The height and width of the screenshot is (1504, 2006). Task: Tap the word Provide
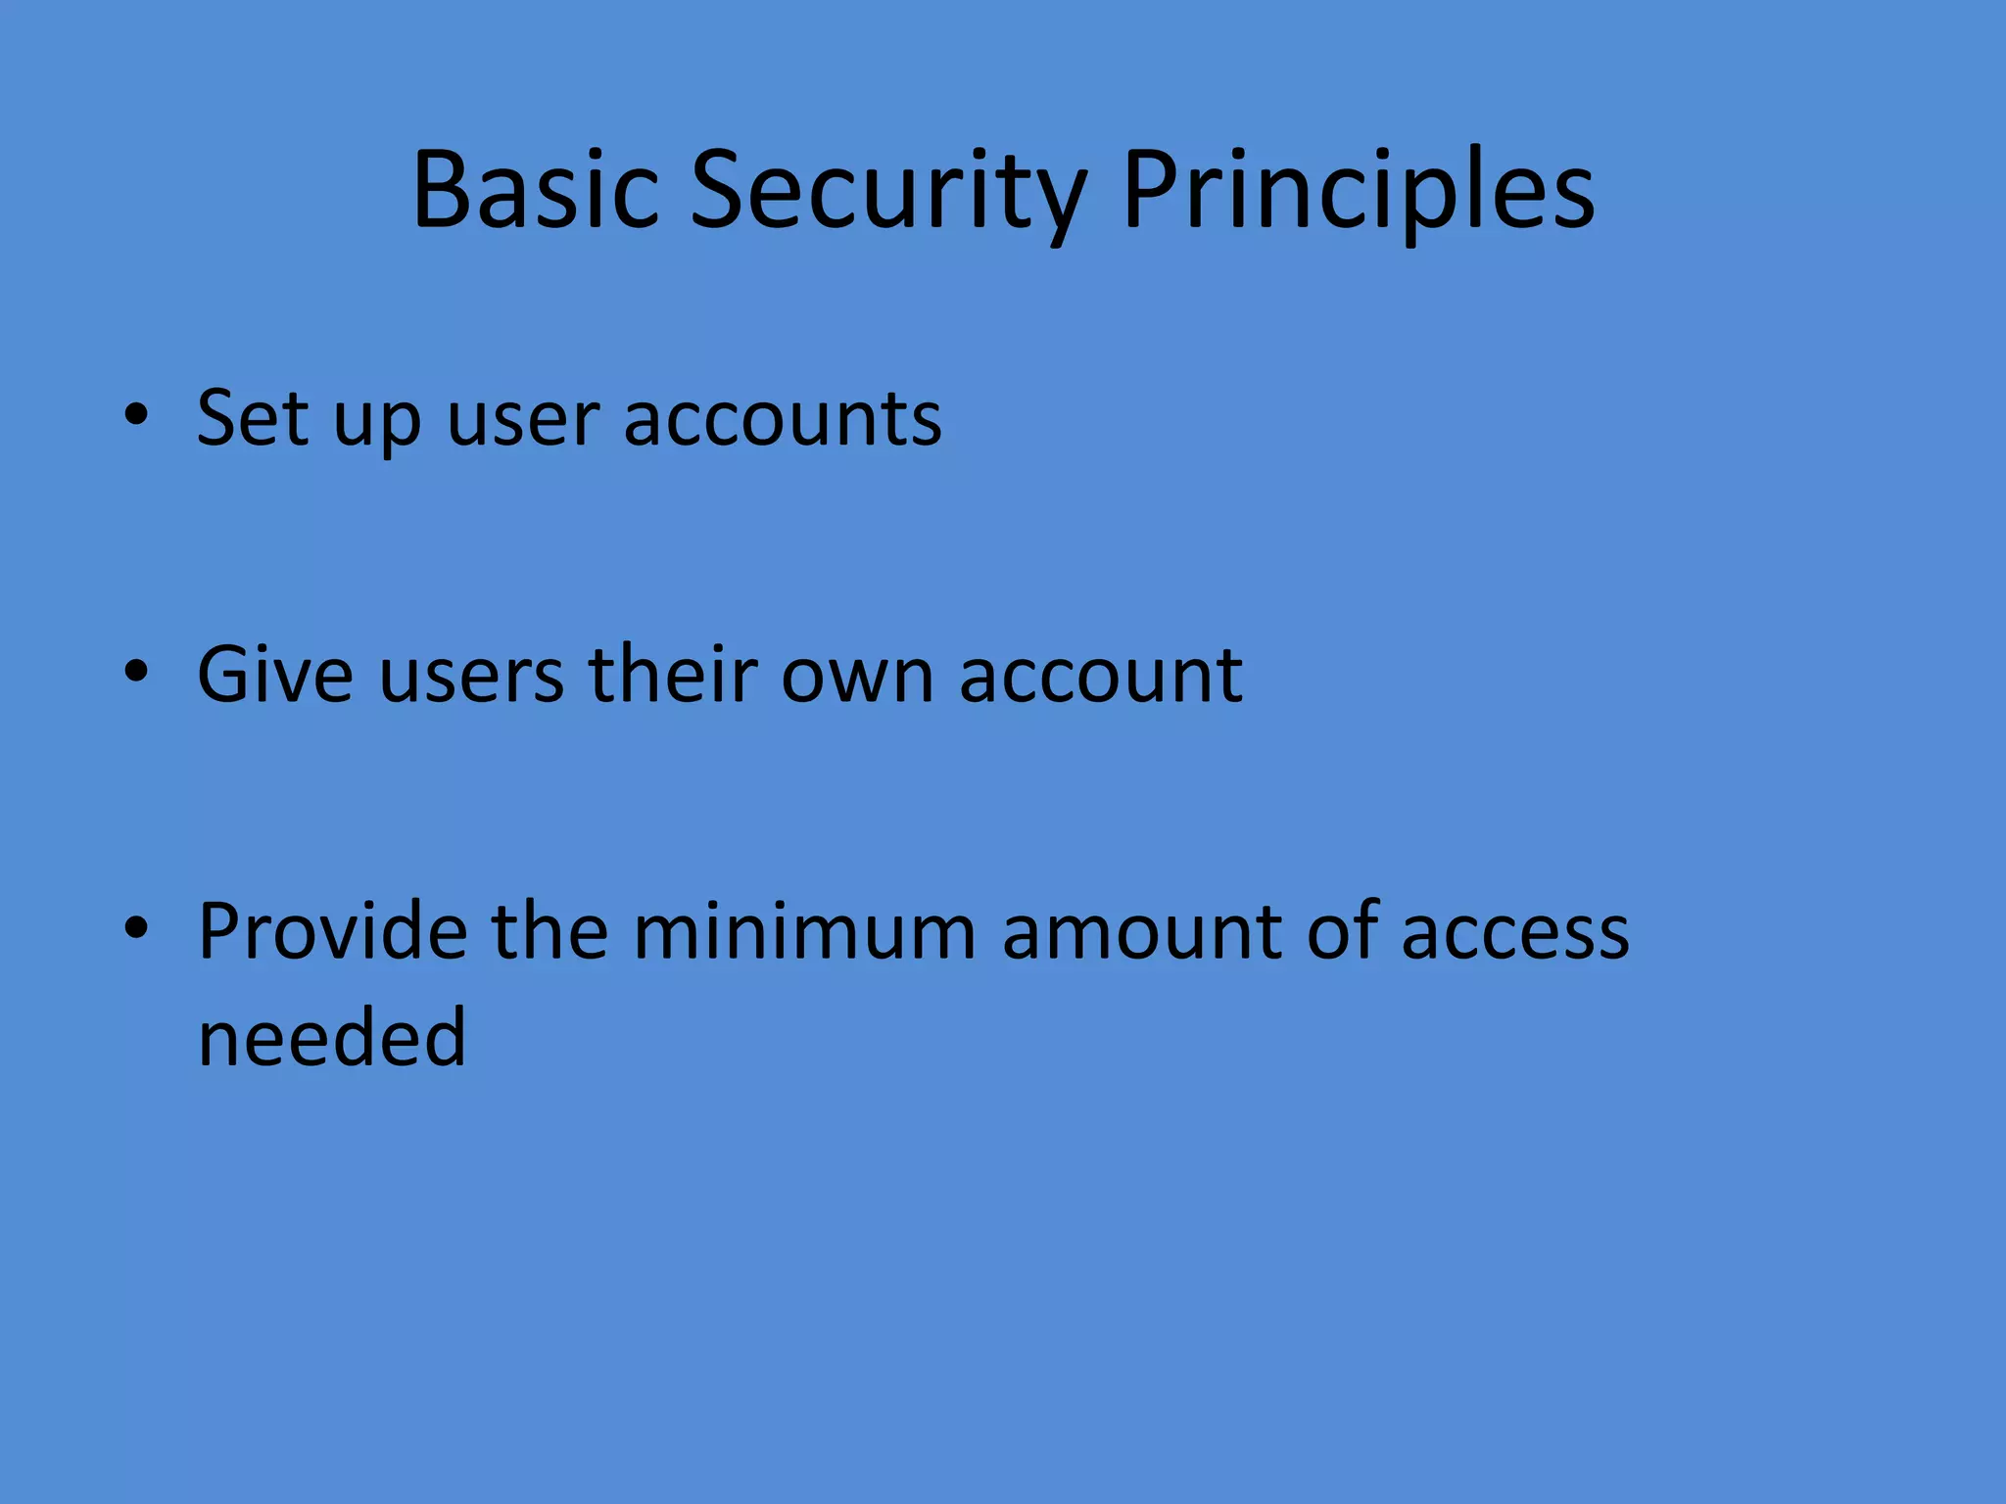pyautogui.click(x=332, y=930)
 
